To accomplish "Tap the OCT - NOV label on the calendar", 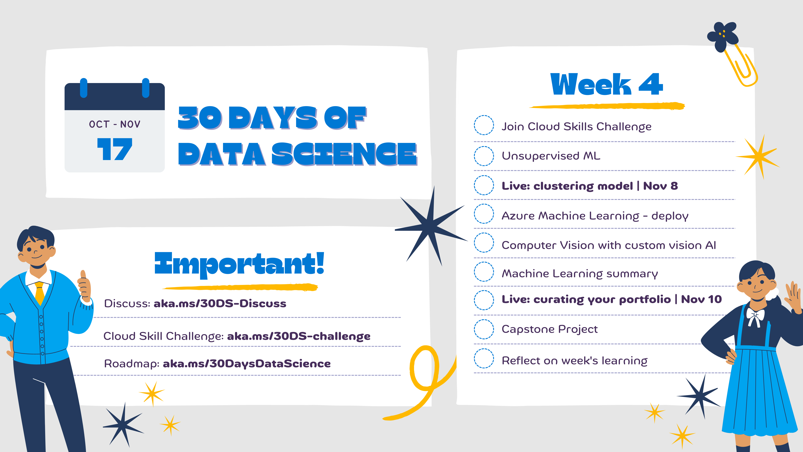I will click(115, 124).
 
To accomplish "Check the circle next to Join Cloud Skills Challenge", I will click(484, 125).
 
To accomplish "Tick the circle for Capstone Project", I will click(484, 329).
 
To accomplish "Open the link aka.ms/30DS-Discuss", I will click(220, 304).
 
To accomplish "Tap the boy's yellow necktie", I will click(40, 293).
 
